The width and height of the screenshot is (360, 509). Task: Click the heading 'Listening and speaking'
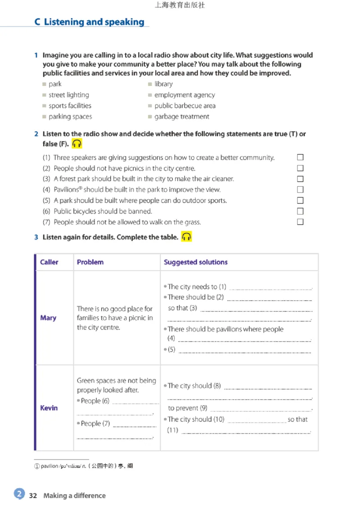(x=94, y=22)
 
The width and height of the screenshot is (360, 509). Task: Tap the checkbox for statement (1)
(x=300, y=157)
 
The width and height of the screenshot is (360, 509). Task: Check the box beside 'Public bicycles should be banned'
(x=300, y=211)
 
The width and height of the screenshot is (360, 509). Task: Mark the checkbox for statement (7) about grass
(x=300, y=222)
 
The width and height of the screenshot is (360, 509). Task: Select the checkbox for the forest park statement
(x=300, y=179)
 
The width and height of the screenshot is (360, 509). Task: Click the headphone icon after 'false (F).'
(x=77, y=144)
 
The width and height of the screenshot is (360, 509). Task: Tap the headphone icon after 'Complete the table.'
(x=186, y=237)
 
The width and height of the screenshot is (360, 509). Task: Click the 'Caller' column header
(x=49, y=262)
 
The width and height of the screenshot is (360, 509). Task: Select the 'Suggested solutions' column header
(x=195, y=262)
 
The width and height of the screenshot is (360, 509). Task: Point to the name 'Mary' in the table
(x=48, y=318)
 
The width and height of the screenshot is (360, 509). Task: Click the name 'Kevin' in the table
(x=49, y=408)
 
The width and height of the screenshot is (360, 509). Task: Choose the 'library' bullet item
(x=163, y=84)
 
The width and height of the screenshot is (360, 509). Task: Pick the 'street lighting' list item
(x=69, y=95)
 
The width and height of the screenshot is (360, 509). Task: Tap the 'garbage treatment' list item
(x=181, y=116)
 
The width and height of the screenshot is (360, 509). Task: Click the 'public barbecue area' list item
(x=184, y=106)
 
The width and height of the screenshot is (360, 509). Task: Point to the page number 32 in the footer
(x=33, y=496)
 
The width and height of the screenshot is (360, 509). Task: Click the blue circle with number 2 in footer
(x=19, y=494)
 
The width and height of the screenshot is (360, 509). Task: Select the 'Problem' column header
(x=90, y=262)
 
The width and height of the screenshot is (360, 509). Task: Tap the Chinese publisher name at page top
(x=180, y=5)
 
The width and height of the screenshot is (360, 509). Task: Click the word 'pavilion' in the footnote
(x=49, y=466)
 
